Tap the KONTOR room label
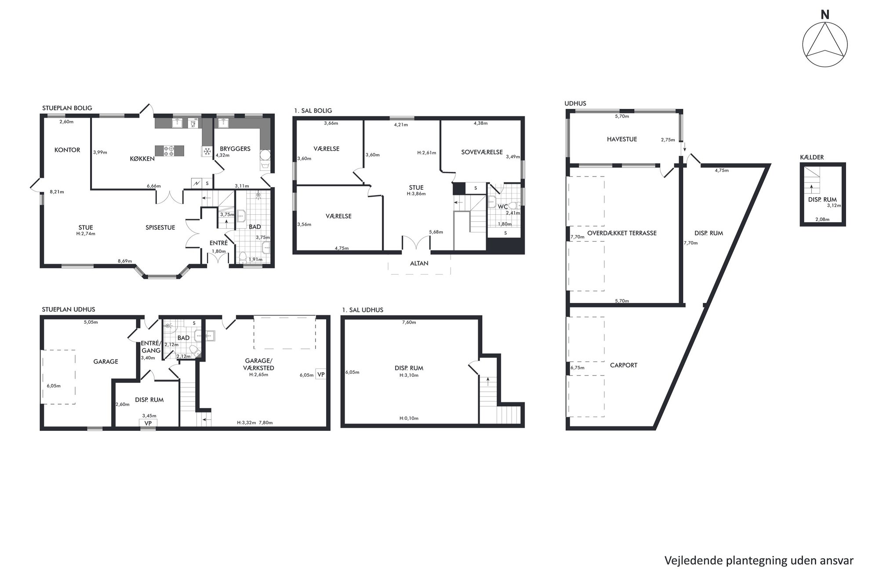(67, 150)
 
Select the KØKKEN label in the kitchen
(142, 159)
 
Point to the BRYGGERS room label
(235, 149)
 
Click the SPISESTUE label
(160, 227)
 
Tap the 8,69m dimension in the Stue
(125, 261)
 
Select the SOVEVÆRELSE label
(482, 152)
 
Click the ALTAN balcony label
(419, 263)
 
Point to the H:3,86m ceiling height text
(416, 194)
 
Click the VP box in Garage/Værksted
(321, 375)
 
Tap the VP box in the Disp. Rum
(148, 423)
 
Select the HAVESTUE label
(622, 139)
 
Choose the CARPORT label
(624, 365)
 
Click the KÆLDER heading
(812, 157)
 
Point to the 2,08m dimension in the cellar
(822, 220)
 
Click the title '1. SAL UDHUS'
(363, 310)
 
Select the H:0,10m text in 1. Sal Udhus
(409, 419)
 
